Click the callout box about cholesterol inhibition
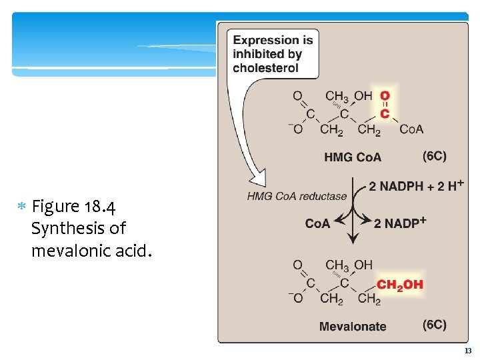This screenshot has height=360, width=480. point(272,54)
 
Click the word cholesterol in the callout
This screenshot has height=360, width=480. point(265,68)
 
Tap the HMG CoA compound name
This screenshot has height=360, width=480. point(353,157)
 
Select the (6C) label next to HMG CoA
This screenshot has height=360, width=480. point(435,156)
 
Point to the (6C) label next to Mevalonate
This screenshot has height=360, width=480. point(435,325)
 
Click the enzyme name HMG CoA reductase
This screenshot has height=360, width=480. point(297,196)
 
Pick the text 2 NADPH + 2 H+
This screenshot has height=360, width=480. point(417,187)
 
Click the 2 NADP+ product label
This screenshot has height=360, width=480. point(400,223)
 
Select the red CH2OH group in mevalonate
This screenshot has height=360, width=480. point(400,285)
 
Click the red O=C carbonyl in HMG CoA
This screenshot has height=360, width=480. point(385,105)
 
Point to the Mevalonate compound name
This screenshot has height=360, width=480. point(353,326)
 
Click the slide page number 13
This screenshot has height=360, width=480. point(467,351)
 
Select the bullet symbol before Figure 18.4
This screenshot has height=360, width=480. point(21,205)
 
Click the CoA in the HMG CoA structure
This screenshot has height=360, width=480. point(411,129)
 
